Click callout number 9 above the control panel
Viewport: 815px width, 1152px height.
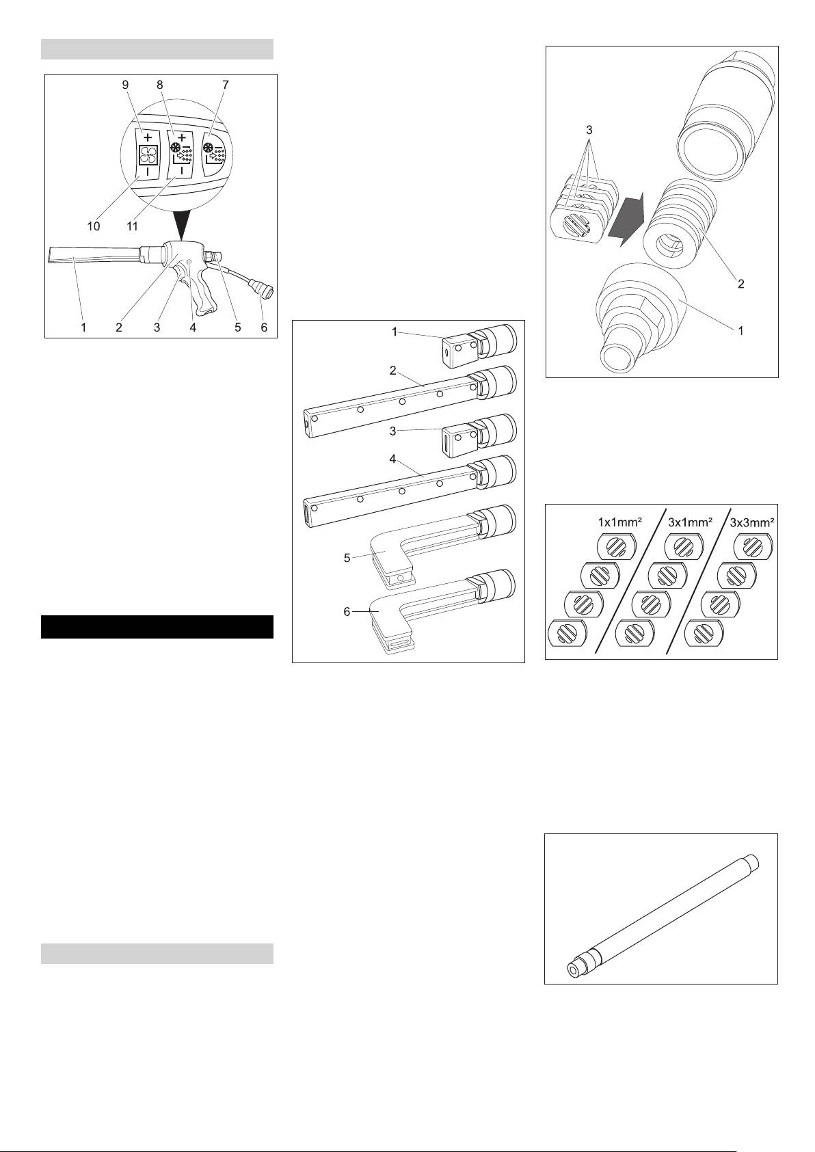coord(126,85)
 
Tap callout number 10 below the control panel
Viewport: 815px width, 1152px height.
coord(94,226)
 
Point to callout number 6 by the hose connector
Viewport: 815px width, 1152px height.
coord(264,327)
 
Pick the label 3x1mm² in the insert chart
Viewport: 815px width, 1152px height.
coord(690,522)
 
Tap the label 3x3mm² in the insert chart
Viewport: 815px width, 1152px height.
coord(752,522)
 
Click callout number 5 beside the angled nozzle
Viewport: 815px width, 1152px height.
coord(347,557)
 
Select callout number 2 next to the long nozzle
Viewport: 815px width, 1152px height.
coord(393,371)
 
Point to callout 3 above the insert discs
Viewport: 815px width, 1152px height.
coord(590,131)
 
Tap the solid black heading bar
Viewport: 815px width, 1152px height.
coord(157,626)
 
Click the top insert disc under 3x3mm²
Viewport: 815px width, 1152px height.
coord(752,546)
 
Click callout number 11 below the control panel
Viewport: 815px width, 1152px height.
coord(132,226)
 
